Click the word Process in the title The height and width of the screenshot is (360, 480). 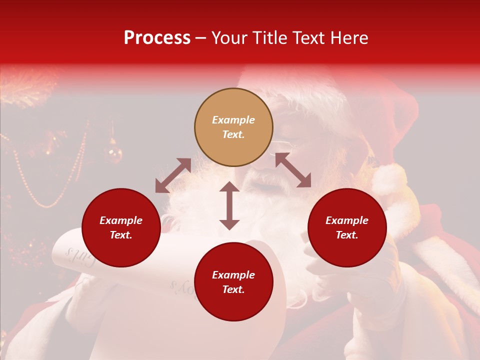(x=157, y=38)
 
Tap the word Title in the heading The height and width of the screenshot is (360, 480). (x=269, y=38)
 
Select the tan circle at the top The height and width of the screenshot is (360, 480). (x=233, y=127)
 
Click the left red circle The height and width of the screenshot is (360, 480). (x=121, y=227)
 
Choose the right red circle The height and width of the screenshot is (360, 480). (x=347, y=227)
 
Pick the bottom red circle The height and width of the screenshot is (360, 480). (x=233, y=281)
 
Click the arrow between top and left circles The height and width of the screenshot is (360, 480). (x=173, y=175)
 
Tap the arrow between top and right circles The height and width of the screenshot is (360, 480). (x=293, y=170)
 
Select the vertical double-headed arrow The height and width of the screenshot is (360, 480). (x=229, y=205)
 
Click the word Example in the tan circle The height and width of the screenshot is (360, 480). (x=233, y=120)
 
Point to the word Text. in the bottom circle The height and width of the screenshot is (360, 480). (x=233, y=289)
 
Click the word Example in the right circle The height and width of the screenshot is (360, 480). (x=347, y=220)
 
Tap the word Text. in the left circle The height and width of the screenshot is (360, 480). (x=121, y=235)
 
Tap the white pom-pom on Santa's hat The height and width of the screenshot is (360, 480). (x=389, y=179)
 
